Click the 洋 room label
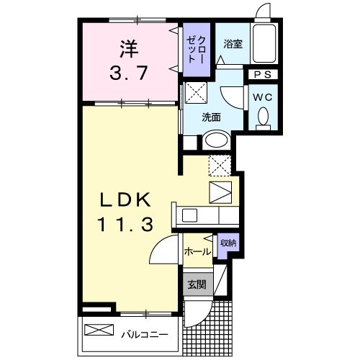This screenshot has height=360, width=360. pyautogui.click(x=127, y=50)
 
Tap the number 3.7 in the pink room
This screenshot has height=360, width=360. pyautogui.click(x=127, y=73)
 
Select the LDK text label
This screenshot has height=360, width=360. pyautogui.click(x=125, y=198)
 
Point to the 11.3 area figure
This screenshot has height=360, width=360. pyautogui.click(x=125, y=225)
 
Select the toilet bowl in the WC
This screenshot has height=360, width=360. pyautogui.click(x=263, y=117)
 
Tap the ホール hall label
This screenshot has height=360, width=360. pyautogui.click(x=197, y=251)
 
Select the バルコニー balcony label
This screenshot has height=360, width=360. pyautogui.click(x=144, y=334)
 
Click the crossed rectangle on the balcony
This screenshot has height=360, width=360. pyautogui.click(x=100, y=331)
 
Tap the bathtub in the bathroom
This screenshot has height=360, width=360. pyautogui.click(x=266, y=43)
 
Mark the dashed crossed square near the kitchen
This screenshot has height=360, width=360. pyautogui.click(x=219, y=165)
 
